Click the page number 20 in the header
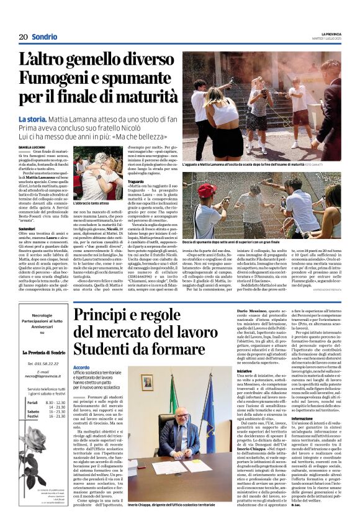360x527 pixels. [22, 37]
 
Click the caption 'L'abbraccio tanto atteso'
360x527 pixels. [92, 203]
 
